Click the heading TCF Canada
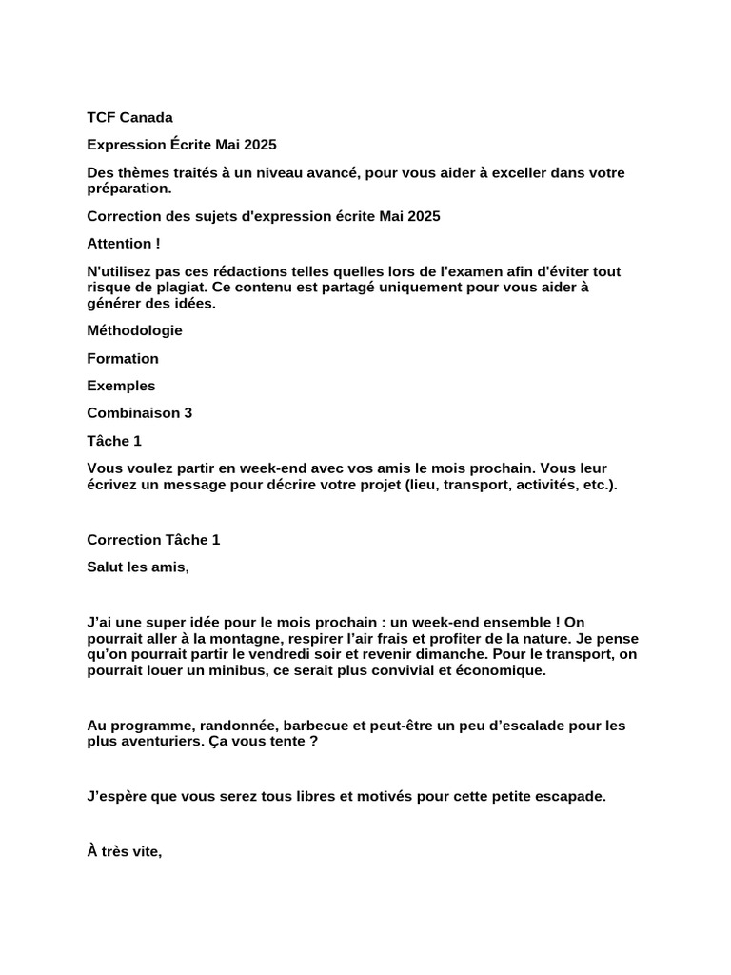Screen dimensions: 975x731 coord(129,118)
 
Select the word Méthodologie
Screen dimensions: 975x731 coord(134,330)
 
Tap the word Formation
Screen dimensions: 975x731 coord(123,358)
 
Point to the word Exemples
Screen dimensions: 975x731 coord(121,386)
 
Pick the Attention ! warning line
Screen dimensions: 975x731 coord(124,244)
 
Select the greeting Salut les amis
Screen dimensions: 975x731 coord(138,567)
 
